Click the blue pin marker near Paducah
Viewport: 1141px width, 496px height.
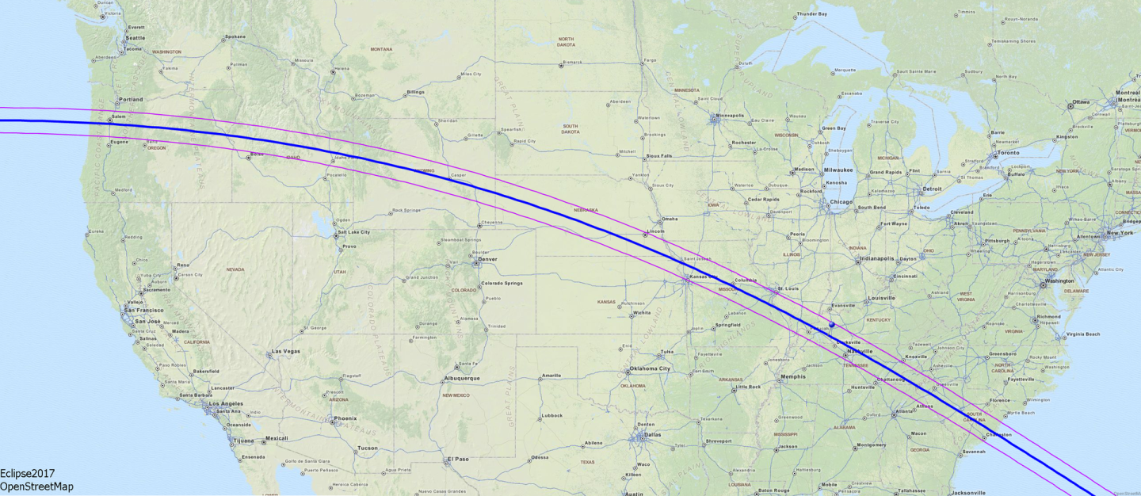832,325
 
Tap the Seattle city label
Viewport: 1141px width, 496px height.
135,38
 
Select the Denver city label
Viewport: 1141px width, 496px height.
487,259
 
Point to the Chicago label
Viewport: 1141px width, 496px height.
841,202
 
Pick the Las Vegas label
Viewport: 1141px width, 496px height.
286,351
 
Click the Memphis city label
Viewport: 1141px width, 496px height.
792,376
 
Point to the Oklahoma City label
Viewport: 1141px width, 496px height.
649,368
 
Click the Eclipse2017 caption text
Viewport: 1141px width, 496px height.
27,474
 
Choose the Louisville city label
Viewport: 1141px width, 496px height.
881,298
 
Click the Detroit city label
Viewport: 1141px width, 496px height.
931,189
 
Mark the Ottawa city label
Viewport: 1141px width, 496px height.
1081,102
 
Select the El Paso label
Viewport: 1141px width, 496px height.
458,459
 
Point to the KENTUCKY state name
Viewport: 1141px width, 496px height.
880,320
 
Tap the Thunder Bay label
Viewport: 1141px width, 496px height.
811,14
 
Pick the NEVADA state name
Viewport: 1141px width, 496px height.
235,269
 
